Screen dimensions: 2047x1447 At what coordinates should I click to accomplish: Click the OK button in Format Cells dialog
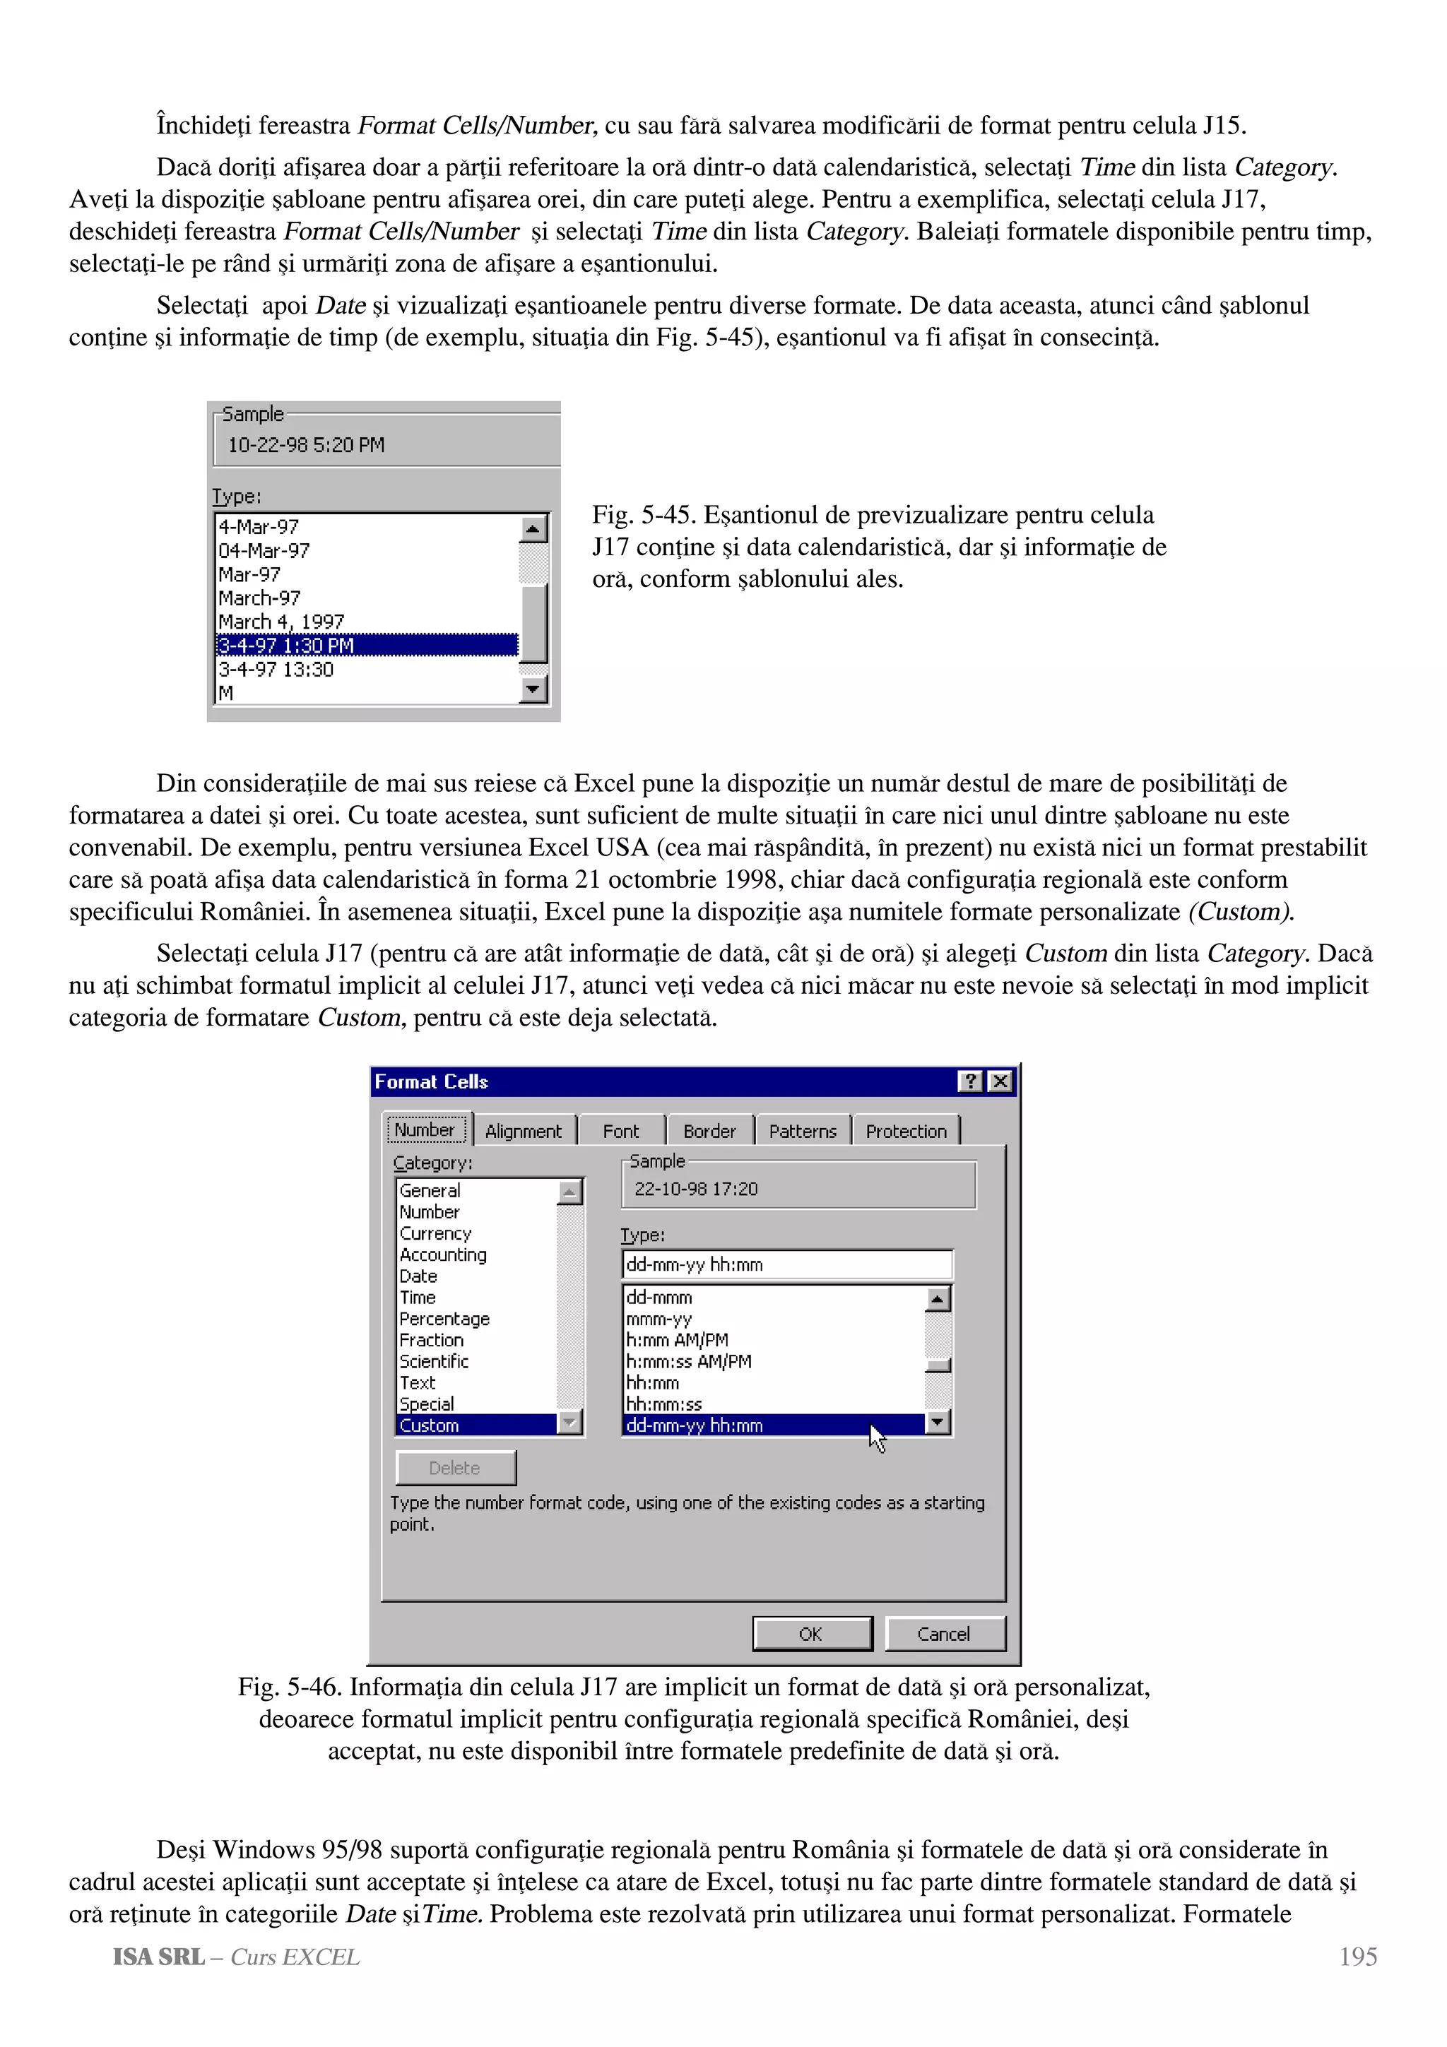pos(811,1633)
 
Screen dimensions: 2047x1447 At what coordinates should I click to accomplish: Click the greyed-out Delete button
pos(456,1468)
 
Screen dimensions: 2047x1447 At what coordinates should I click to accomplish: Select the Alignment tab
pos(524,1130)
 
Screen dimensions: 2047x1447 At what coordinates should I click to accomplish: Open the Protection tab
pos(906,1130)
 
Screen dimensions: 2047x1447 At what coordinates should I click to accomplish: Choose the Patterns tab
pos(803,1130)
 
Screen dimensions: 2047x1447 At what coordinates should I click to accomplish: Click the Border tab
pos(709,1130)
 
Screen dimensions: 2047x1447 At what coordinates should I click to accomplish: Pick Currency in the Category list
pos(435,1233)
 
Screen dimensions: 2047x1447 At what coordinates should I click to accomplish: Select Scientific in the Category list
pos(435,1361)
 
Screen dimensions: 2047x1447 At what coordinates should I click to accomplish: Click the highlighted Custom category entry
pos(430,1425)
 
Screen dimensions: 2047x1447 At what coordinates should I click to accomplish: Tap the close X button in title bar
pos(1001,1081)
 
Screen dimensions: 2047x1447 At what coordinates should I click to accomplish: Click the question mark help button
pos(970,1081)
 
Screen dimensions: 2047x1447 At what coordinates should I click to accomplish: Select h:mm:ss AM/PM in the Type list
pos(688,1361)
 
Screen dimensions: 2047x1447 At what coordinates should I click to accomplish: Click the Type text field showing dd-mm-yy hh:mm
pos(786,1264)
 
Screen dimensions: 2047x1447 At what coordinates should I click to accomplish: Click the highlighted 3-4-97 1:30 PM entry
pos(287,646)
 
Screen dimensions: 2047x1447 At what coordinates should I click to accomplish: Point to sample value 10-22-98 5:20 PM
pos(306,445)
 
